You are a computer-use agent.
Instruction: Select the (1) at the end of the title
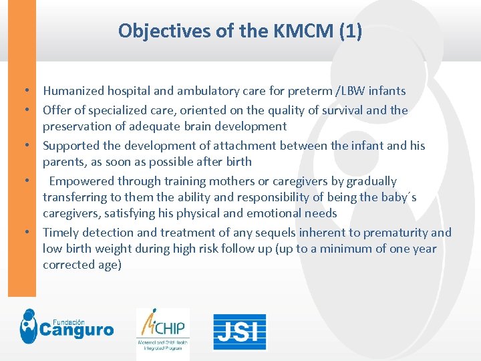[349, 31]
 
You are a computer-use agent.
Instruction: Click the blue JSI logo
[240, 332]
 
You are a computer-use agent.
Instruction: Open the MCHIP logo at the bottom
[163, 331]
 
